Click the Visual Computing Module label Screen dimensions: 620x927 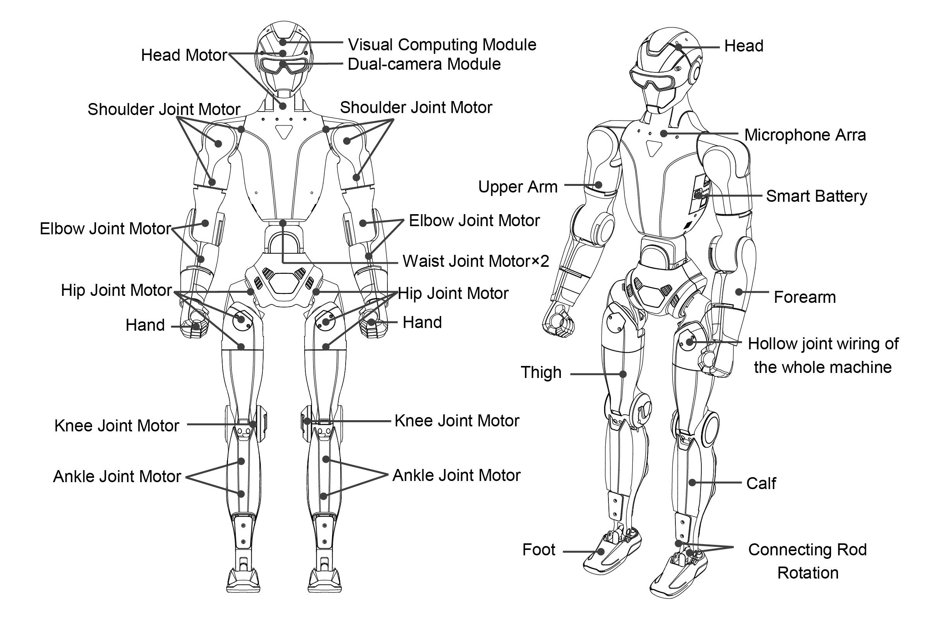[x=442, y=45]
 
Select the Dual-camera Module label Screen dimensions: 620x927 [x=424, y=64]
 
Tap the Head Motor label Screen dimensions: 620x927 [x=184, y=55]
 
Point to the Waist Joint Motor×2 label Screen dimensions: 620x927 [x=476, y=261]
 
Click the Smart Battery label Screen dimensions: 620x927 [x=816, y=196]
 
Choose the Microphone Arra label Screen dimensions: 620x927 [x=805, y=135]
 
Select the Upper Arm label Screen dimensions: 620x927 [x=517, y=187]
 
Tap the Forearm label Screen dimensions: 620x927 [x=805, y=297]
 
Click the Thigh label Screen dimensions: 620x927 [x=541, y=372]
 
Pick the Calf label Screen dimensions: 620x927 [x=761, y=483]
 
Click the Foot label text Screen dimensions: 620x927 [x=538, y=550]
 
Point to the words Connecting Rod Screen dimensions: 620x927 [x=807, y=550]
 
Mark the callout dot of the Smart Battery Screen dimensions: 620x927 [x=699, y=195]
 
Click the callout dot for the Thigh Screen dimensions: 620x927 [x=623, y=374]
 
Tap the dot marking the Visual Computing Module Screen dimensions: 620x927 [x=283, y=42]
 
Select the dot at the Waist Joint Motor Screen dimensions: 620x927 [x=283, y=223]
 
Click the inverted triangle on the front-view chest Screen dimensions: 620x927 [x=284, y=132]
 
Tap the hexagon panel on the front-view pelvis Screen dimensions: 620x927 [x=284, y=282]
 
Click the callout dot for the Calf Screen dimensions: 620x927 [x=692, y=483]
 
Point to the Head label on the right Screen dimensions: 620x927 [x=744, y=46]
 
